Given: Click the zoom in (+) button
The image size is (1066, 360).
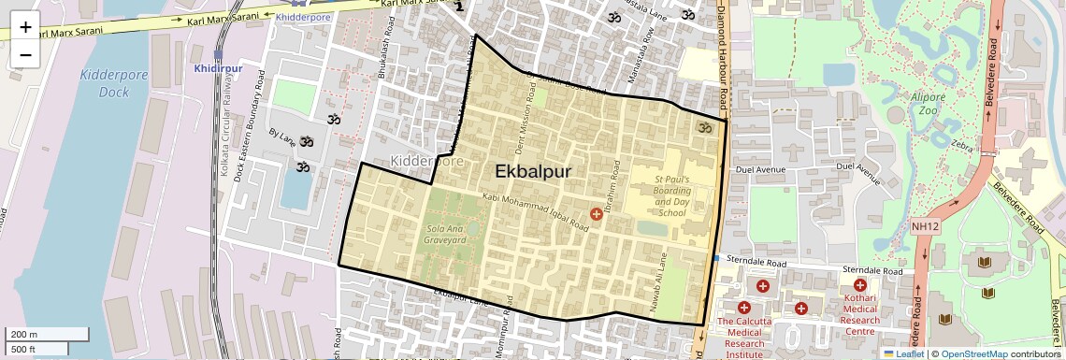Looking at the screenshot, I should click(x=25, y=26).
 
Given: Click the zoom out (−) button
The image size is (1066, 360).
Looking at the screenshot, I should click(x=25, y=54).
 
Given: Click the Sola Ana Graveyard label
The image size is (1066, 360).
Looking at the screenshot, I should click(x=446, y=234).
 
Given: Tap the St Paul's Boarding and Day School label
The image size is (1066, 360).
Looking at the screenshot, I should click(x=671, y=195).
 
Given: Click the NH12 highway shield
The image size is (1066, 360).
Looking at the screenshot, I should click(x=925, y=226).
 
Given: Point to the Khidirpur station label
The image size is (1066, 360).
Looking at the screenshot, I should click(x=218, y=68).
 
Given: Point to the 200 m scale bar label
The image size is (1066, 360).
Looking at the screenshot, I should click(x=25, y=335).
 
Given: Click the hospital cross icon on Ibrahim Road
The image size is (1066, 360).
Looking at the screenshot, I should click(x=597, y=215).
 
